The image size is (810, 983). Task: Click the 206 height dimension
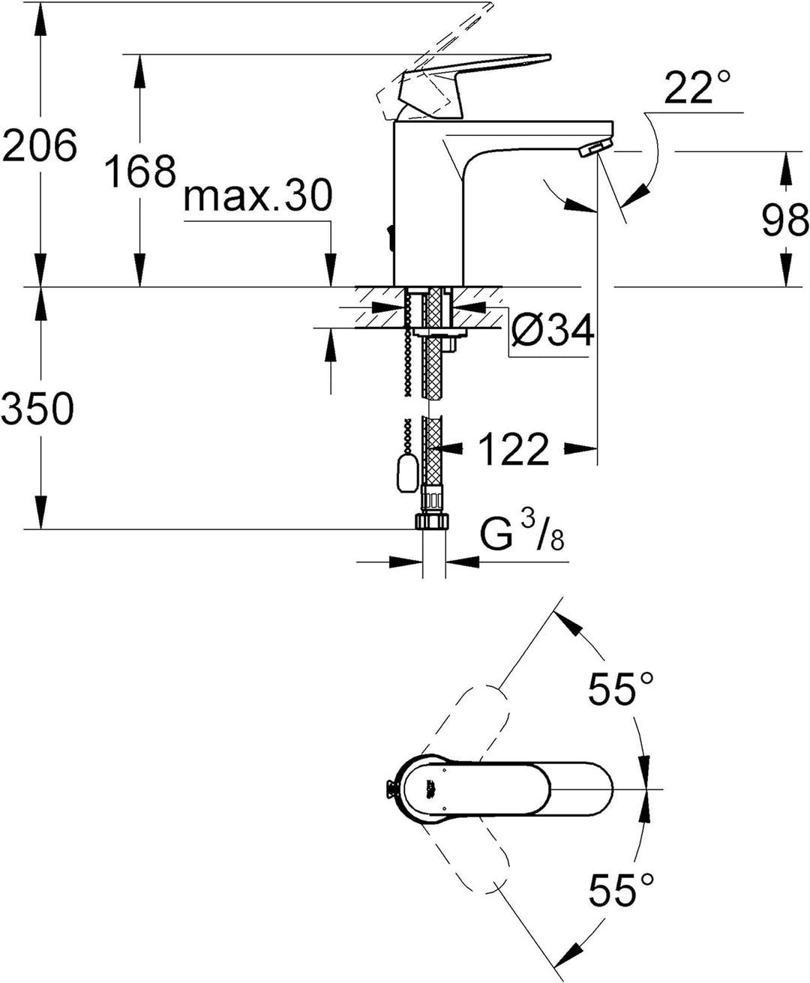[x=39, y=145]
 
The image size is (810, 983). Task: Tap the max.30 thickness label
[x=258, y=196]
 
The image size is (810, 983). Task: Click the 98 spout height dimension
[x=785, y=220]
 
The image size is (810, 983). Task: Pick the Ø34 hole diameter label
[x=553, y=331]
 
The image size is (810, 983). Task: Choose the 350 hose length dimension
[x=37, y=407]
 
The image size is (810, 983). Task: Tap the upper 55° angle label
[x=621, y=689]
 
